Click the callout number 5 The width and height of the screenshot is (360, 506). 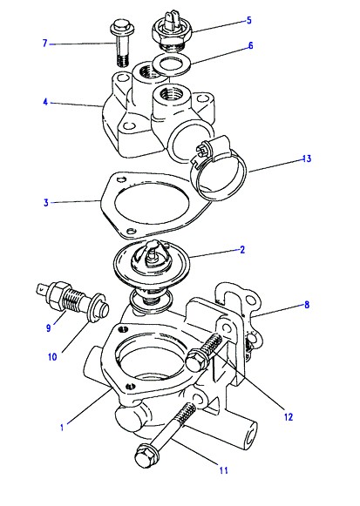(x=248, y=20)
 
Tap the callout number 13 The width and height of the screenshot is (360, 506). (x=307, y=159)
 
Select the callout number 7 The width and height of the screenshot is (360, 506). (x=44, y=43)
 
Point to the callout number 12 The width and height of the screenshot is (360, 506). (x=289, y=417)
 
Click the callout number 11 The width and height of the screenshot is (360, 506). (x=223, y=470)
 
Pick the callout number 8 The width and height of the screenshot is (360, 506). (x=307, y=304)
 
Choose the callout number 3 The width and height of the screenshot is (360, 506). (x=46, y=203)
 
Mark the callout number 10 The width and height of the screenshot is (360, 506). (x=52, y=356)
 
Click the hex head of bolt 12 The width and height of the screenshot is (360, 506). (x=197, y=361)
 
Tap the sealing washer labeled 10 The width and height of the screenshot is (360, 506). (x=98, y=307)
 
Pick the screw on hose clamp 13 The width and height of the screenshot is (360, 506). (x=202, y=149)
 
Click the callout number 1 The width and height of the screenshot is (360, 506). (x=62, y=427)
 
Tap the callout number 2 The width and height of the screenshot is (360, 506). (x=242, y=249)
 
